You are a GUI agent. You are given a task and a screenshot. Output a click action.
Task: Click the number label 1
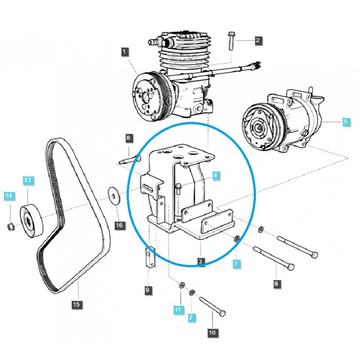(124, 52)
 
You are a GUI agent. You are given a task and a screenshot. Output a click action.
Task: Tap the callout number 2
(257, 41)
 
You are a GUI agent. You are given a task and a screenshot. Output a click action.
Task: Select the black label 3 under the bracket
(201, 261)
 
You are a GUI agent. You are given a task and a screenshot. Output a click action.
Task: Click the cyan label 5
(346, 121)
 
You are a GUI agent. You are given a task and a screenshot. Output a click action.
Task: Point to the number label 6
(276, 283)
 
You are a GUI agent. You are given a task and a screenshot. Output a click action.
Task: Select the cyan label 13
(28, 180)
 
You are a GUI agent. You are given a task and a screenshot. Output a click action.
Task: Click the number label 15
(76, 305)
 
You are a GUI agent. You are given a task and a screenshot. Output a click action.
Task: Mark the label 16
(119, 225)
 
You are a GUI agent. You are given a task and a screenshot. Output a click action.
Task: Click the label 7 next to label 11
(191, 317)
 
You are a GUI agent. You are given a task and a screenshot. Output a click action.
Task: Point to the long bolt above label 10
(211, 307)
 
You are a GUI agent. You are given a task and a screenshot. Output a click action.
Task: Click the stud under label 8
(130, 158)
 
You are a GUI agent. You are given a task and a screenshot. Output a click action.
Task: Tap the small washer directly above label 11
(182, 284)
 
